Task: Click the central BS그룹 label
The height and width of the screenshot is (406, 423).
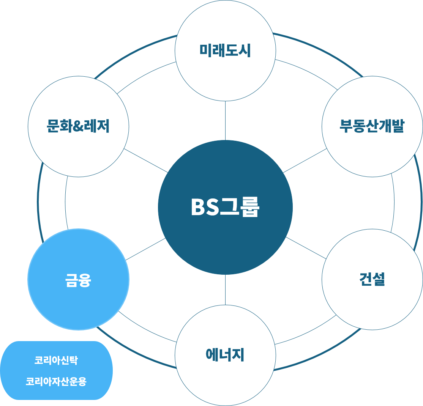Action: [x=225, y=208]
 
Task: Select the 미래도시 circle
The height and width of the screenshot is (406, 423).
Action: [x=225, y=50]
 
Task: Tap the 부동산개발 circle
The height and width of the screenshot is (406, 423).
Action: [x=372, y=126]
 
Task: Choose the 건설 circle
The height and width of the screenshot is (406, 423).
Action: [x=372, y=279]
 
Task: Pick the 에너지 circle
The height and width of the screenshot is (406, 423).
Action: [x=225, y=355]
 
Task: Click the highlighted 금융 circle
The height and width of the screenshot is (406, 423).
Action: [x=78, y=280]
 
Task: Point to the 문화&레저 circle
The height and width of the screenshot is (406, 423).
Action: [x=78, y=126]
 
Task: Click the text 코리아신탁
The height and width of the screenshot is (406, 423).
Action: [x=56, y=360]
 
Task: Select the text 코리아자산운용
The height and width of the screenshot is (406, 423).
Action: [x=56, y=381]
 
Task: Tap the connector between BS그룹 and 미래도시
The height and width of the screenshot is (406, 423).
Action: [x=225, y=121]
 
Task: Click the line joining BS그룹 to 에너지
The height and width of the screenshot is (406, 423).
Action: [x=225, y=289]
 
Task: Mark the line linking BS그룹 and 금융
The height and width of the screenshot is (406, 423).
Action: [x=145, y=249]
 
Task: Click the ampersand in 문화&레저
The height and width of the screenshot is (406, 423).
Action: [x=78, y=126]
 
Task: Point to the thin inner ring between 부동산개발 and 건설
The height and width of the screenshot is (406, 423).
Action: [x=394, y=201]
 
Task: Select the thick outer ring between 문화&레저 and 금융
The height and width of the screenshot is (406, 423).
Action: [x=38, y=201]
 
